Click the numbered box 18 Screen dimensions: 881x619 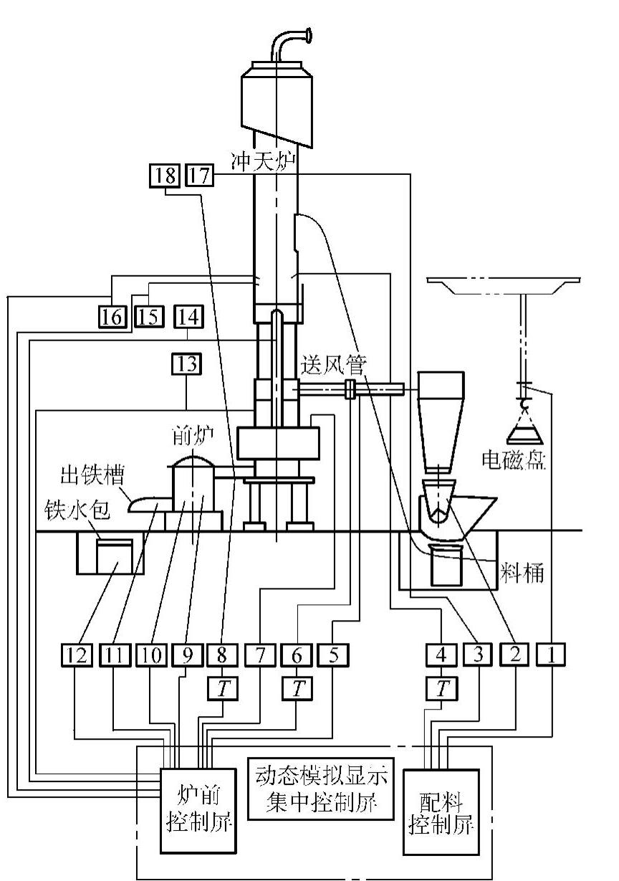coord(164,175)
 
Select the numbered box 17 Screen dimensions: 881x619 coord(200,175)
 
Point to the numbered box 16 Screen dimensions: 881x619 coord(112,316)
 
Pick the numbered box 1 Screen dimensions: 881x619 coord(552,654)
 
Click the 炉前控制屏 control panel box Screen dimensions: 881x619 coord(197,810)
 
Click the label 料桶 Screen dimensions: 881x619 coord(522,573)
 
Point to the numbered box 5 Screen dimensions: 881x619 coord(332,654)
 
